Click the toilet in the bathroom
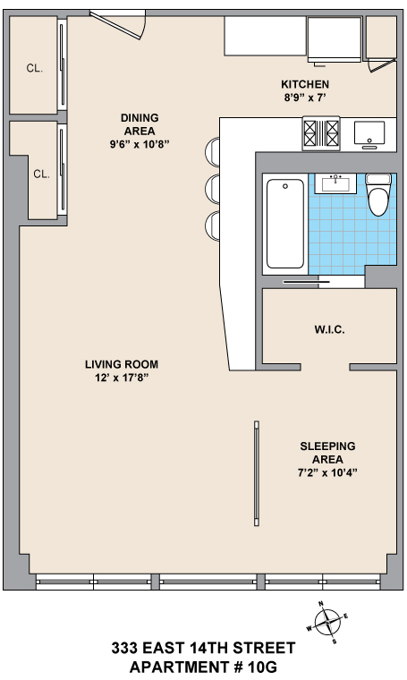(378, 194)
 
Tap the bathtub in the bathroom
(284, 224)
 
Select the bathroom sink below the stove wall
(335, 183)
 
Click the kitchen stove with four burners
(321, 133)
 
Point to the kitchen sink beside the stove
(369, 133)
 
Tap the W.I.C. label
(329, 329)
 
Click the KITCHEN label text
(305, 84)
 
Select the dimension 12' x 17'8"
(122, 378)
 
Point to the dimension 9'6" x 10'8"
(140, 144)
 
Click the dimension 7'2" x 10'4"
(327, 472)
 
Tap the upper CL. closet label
(35, 68)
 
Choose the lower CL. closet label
(42, 174)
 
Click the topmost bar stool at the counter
(212, 152)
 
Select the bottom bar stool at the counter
(212, 225)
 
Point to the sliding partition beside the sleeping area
(257, 473)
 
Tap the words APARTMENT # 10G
(203, 667)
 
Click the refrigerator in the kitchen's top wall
(335, 40)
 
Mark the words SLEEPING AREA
(327, 453)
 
